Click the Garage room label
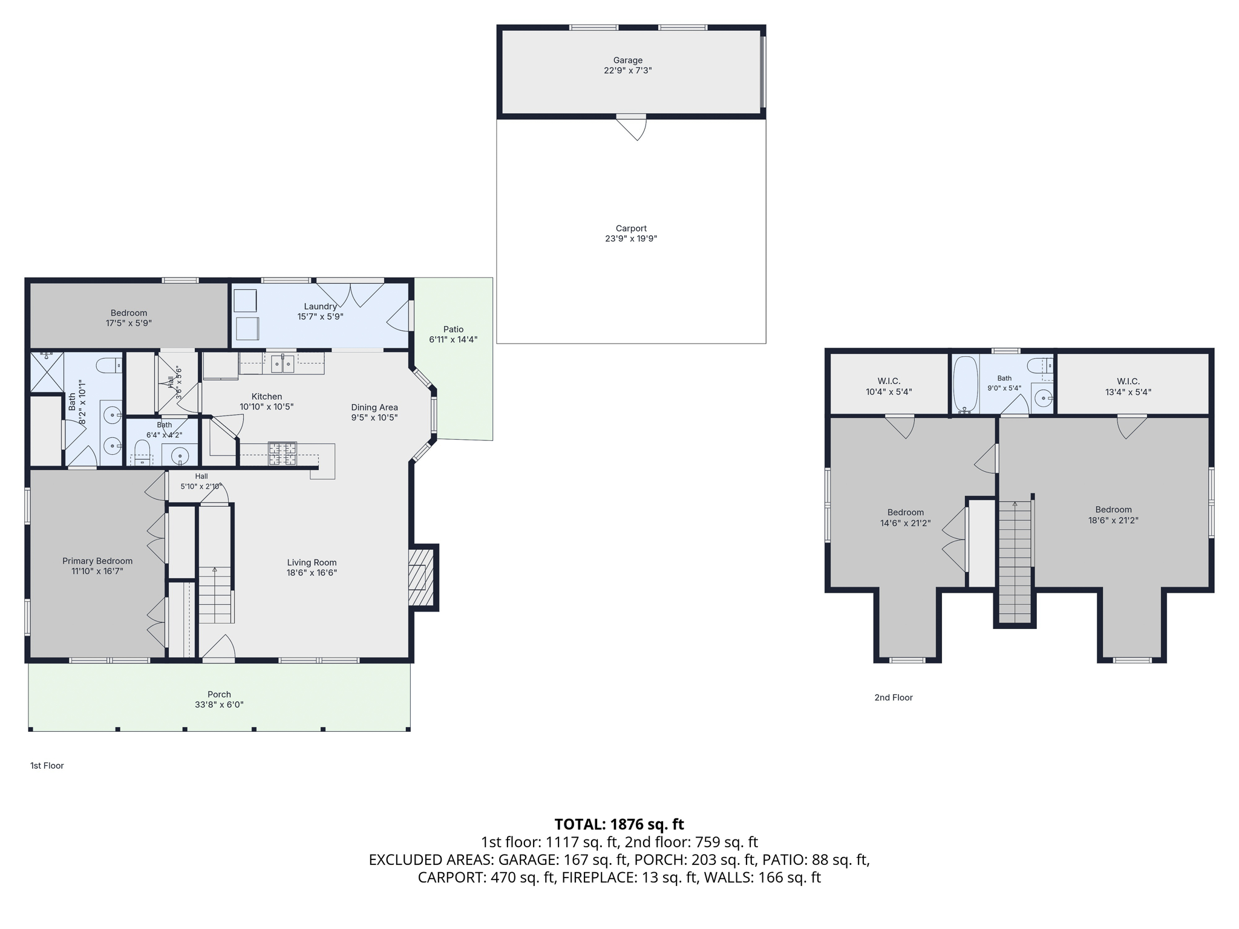[627, 60]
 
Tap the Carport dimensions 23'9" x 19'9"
[631, 239]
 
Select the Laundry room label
[321, 307]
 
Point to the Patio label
[453, 330]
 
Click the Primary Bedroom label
[97, 561]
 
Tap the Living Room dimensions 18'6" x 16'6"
[312, 573]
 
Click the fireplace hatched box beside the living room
[421, 578]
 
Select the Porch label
[219, 694]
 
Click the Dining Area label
[374, 408]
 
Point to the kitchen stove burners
[283, 454]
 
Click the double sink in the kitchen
[283, 363]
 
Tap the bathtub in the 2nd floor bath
[966, 383]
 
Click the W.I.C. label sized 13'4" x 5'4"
[1128, 382]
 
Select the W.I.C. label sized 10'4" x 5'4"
[889, 382]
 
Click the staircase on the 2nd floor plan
[1015, 562]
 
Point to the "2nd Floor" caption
[894, 697]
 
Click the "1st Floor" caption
[47, 766]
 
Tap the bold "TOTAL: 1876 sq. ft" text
[619, 824]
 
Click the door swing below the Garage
[632, 128]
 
